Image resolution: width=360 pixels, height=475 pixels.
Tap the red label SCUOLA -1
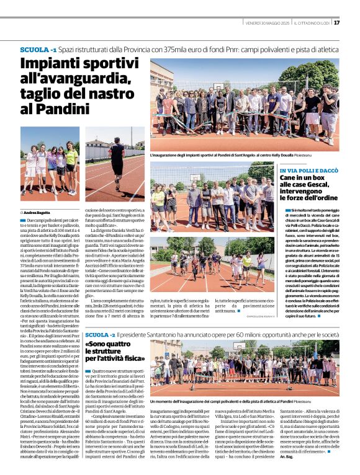(x=38, y=49)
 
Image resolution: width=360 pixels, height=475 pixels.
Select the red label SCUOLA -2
(x=101, y=335)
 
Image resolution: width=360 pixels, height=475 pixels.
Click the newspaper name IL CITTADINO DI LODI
(x=312, y=23)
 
